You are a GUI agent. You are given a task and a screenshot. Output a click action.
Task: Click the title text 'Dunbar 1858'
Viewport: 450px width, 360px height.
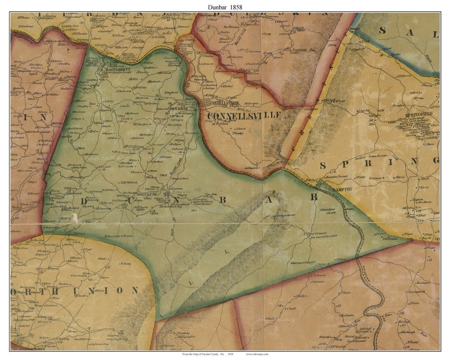coord(225,7)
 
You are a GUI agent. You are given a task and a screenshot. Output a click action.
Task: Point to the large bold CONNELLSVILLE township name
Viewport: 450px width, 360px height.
coord(244,115)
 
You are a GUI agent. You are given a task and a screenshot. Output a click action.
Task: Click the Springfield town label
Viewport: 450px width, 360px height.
coord(420,114)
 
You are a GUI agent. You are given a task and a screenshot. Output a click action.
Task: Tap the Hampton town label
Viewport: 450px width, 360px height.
coord(342,189)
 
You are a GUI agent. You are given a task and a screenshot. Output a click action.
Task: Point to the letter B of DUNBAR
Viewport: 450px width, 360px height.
coord(222,200)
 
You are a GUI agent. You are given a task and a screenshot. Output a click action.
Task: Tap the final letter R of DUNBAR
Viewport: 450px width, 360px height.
coord(313,197)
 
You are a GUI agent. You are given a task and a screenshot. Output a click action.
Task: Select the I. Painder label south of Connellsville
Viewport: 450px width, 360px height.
coord(237,133)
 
